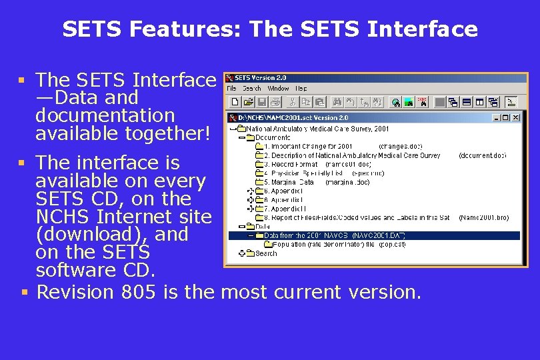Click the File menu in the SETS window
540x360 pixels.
pyautogui.click(x=231, y=89)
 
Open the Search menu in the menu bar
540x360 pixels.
pyautogui.click(x=251, y=89)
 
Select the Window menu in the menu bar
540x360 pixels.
pyautogui.click(x=278, y=89)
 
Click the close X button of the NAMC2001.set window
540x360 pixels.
pyautogui.click(x=515, y=118)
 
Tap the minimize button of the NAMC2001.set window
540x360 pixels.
pyautogui.click(x=497, y=118)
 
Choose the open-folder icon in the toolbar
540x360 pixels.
pyautogui.click(x=248, y=102)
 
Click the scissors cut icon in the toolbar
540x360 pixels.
pyautogui.click(x=291, y=102)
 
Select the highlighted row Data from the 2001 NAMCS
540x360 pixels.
pyautogui.click(x=333, y=235)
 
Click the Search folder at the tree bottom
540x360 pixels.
pyautogui.click(x=265, y=253)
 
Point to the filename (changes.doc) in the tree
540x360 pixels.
pyautogui.click(x=400, y=146)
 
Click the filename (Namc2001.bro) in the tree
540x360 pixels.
pyautogui.click(x=484, y=217)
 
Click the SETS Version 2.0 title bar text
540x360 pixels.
pyautogui.click(x=261, y=78)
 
